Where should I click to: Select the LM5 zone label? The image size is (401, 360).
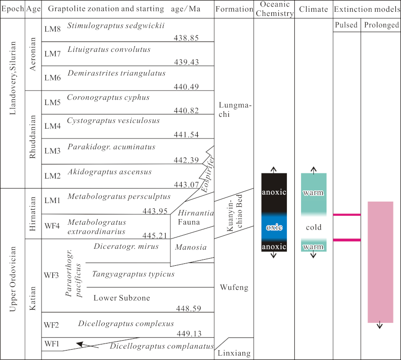coord(52,98)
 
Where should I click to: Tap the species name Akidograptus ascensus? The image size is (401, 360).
coord(109,172)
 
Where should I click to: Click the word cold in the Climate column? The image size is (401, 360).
coord(314,228)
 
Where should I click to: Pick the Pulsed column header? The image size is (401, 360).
coord(347,25)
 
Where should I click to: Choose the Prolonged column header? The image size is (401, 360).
coord(381,25)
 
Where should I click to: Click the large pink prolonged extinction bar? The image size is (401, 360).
coord(380,262)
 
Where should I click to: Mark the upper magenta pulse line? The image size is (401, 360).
coord(347,215)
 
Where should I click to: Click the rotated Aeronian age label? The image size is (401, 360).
coord(33,55)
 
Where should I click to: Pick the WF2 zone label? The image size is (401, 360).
coord(53,324)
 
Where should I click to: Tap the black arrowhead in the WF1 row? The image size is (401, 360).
coord(81,345)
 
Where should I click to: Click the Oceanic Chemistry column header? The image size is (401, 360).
coord(274,9)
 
